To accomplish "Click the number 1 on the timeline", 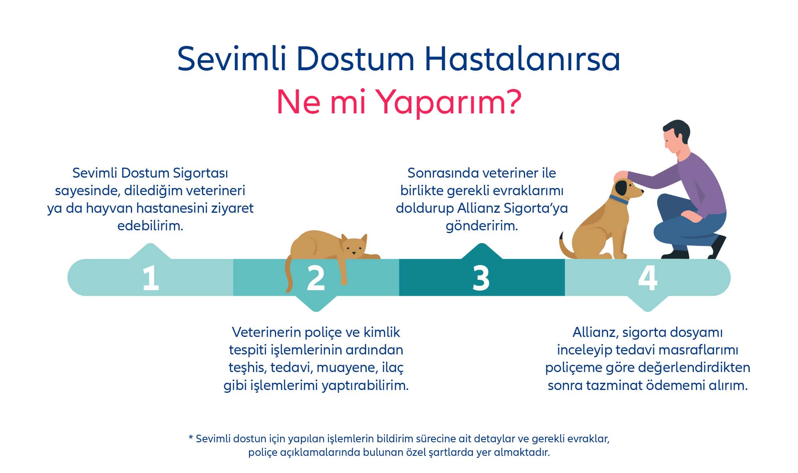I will [x=150, y=278].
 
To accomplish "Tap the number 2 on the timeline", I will [x=316, y=278].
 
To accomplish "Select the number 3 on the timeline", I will [x=481, y=278].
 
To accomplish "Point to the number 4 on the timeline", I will [x=647, y=278].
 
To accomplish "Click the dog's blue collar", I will [x=618, y=200].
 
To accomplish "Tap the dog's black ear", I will [x=621, y=188].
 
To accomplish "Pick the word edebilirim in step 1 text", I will [x=150, y=226].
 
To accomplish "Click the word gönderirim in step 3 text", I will [x=482, y=226].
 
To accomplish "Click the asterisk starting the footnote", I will [x=191, y=438].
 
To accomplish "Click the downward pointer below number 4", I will [x=648, y=304].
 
